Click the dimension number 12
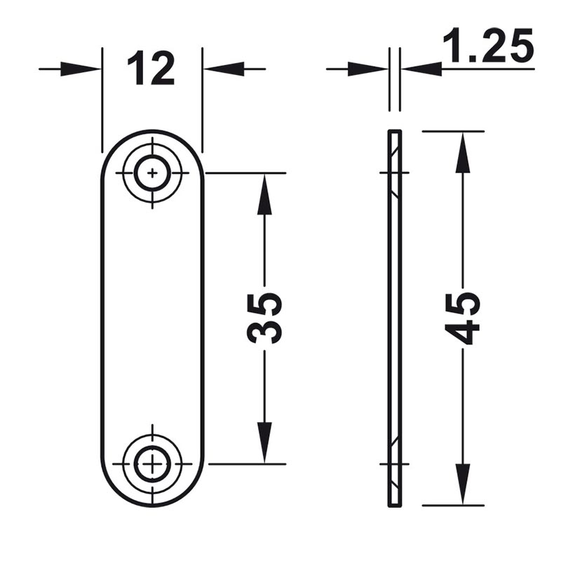[151, 68]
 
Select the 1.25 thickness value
[488, 45]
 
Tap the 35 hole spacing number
[264, 318]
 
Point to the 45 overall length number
[462, 318]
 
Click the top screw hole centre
[152, 173]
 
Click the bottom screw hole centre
[152, 464]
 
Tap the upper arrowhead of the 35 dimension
[264, 195]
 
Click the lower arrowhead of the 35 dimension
[264, 442]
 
